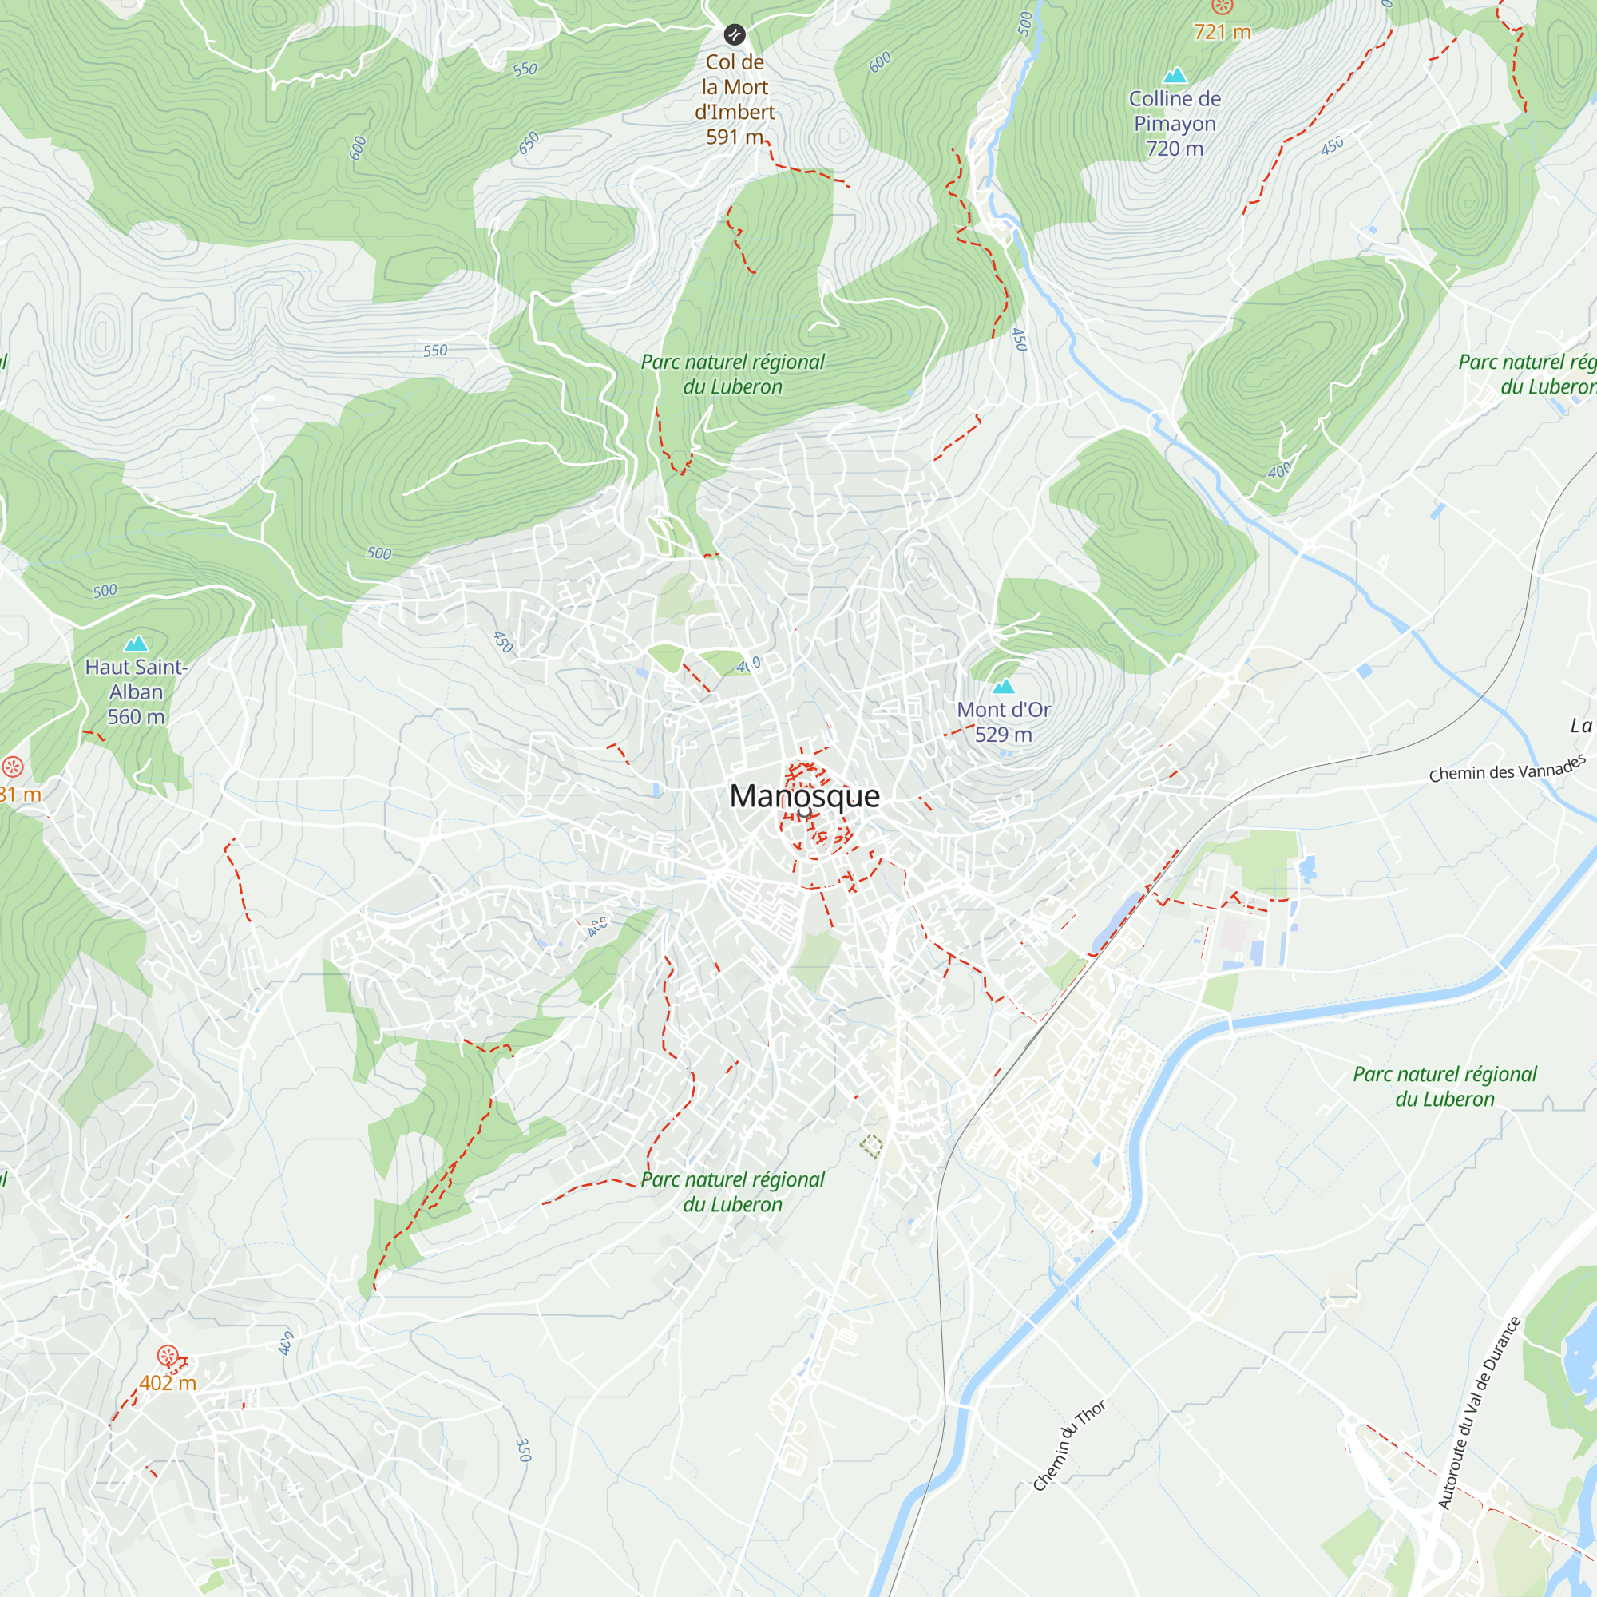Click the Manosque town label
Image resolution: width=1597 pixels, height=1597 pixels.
(x=804, y=796)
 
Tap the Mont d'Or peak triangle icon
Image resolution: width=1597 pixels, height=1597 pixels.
(x=1003, y=686)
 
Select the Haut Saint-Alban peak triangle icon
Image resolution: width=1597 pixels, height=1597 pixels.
(x=136, y=643)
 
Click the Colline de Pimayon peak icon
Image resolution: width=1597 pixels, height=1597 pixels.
(x=1175, y=76)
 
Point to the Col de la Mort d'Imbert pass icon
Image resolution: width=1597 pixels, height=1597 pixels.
(x=734, y=34)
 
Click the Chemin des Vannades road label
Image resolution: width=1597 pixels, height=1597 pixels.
(x=1507, y=769)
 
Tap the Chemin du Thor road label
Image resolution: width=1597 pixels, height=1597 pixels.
(x=1069, y=1446)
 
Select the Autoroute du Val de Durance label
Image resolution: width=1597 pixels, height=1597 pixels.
(x=1479, y=1413)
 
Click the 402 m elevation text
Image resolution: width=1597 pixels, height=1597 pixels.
(x=168, y=1383)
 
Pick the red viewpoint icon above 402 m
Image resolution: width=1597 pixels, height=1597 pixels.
(x=168, y=1357)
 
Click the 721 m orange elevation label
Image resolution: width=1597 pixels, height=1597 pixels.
(x=1222, y=32)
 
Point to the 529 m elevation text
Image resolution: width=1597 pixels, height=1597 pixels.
(x=1004, y=735)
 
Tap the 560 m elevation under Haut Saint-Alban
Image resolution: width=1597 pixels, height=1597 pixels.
(x=137, y=718)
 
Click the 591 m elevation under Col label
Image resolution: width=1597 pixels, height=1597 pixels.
(x=734, y=137)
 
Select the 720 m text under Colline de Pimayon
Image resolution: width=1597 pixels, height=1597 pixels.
(x=1175, y=149)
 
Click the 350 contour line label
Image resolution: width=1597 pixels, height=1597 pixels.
(x=522, y=1450)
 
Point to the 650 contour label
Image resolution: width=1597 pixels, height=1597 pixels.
(x=529, y=142)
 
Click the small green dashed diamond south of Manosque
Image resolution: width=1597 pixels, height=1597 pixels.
(x=871, y=1145)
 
